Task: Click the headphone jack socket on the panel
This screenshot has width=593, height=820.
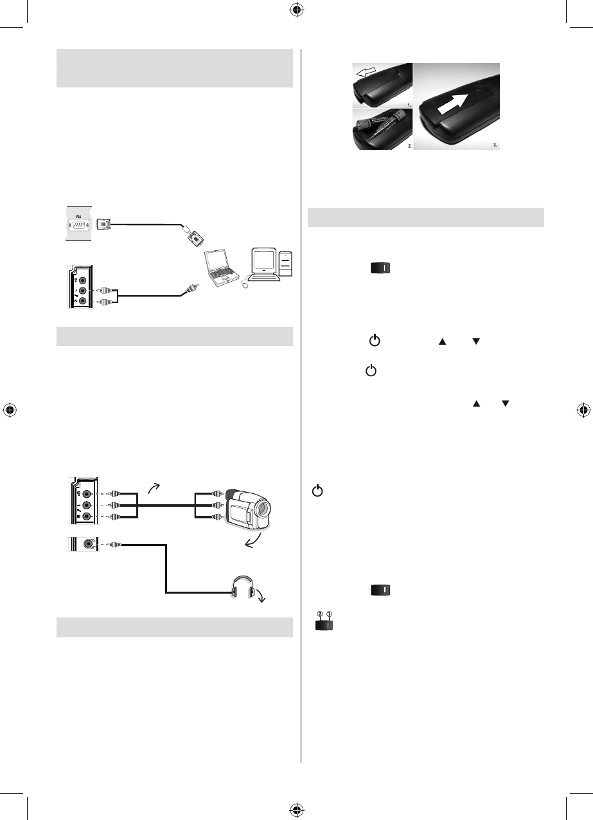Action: coord(87,545)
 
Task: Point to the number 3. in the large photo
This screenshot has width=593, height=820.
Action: coord(495,145)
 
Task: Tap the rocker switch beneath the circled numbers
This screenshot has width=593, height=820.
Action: coord(324,624)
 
